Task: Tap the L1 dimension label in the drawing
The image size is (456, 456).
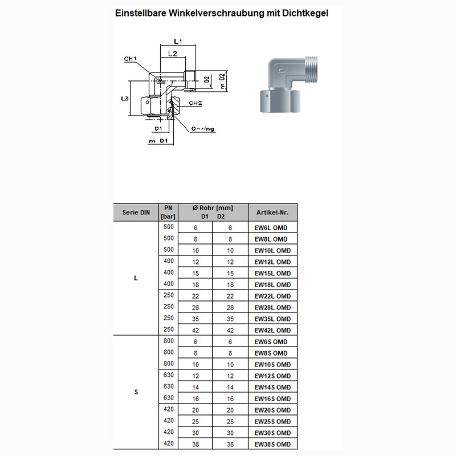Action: pos(177,42)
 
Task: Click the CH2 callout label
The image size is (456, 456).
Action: pos(196,103)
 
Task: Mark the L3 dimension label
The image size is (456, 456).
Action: pos(124,99)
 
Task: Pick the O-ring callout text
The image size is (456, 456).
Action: pos(203,129)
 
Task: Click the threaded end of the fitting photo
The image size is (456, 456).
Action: pos(309,70)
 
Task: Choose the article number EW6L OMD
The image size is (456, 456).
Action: pos(271,227)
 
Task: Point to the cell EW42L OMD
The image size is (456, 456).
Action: pos(272,330)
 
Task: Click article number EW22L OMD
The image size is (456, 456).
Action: pos(272,296)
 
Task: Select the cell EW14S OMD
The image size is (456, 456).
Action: pos(272,387)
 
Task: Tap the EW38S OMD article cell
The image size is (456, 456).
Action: pos(272,444)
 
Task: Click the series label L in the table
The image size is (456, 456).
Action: pos(135,278)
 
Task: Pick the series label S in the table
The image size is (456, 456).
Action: pos(135,392)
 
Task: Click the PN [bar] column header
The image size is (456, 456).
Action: pos(168,212)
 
